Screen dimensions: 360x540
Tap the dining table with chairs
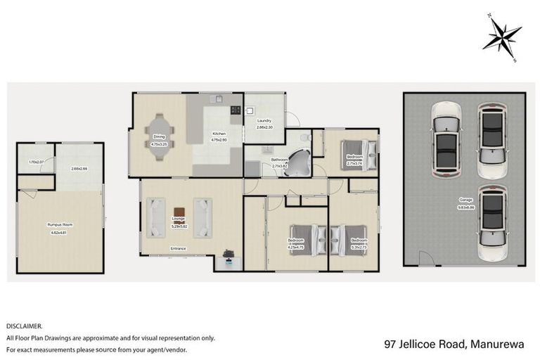[x=159, y=131]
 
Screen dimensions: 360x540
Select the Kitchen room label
[x=219, y=133]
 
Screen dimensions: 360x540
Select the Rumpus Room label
[x=60, y=224]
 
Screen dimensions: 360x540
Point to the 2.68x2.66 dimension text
[x=79, y=169]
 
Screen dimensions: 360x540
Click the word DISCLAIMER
[x=25, y=326]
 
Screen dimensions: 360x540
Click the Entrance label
[x=178, y=248]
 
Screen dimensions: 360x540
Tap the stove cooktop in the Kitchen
[x=234, y=110]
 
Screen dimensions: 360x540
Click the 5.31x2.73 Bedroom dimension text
[x=359, y=247]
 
